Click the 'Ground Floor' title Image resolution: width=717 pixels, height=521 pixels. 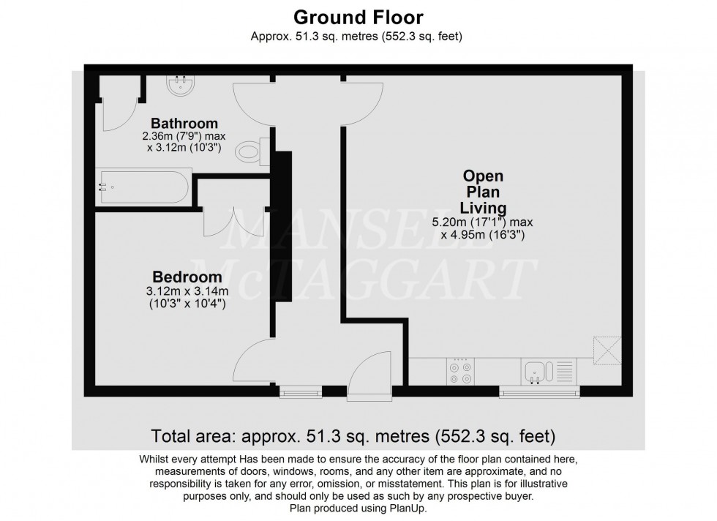coord(358,15)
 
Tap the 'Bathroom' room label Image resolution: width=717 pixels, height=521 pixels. coord(184,123)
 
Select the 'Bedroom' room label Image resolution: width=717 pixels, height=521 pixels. coord(187,277)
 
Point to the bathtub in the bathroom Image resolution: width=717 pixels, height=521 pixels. coord(144,187)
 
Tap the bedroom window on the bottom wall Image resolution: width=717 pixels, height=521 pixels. coord(300,393)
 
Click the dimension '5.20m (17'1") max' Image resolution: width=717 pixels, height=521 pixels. coord(482,222)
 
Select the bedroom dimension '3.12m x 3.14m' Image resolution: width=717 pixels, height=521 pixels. coord(187,291)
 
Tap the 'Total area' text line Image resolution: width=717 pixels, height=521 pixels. coord(353,437)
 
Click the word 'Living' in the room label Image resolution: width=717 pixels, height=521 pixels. coord(483,208)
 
